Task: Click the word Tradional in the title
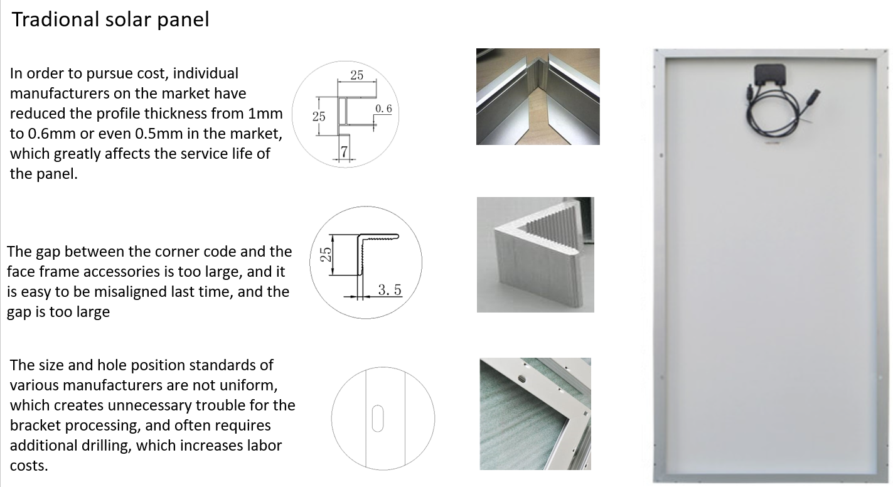coord(55,19)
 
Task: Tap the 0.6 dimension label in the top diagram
coord(383,109)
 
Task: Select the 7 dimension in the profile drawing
coord(344,151)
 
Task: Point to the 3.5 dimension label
coord(390,290)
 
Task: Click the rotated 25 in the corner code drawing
coord(326,254)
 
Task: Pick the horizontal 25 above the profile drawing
coord(357,75)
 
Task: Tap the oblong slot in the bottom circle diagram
coord(378,418)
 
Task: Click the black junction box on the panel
coord(770,75)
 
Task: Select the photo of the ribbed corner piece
coord(535,255)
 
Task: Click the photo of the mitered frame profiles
coord(538,97)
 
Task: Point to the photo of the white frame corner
coord(535,414)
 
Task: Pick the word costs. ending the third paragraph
coord(29,466)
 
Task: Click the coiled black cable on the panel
coord(774,114)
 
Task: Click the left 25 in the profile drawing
coord(319,116)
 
